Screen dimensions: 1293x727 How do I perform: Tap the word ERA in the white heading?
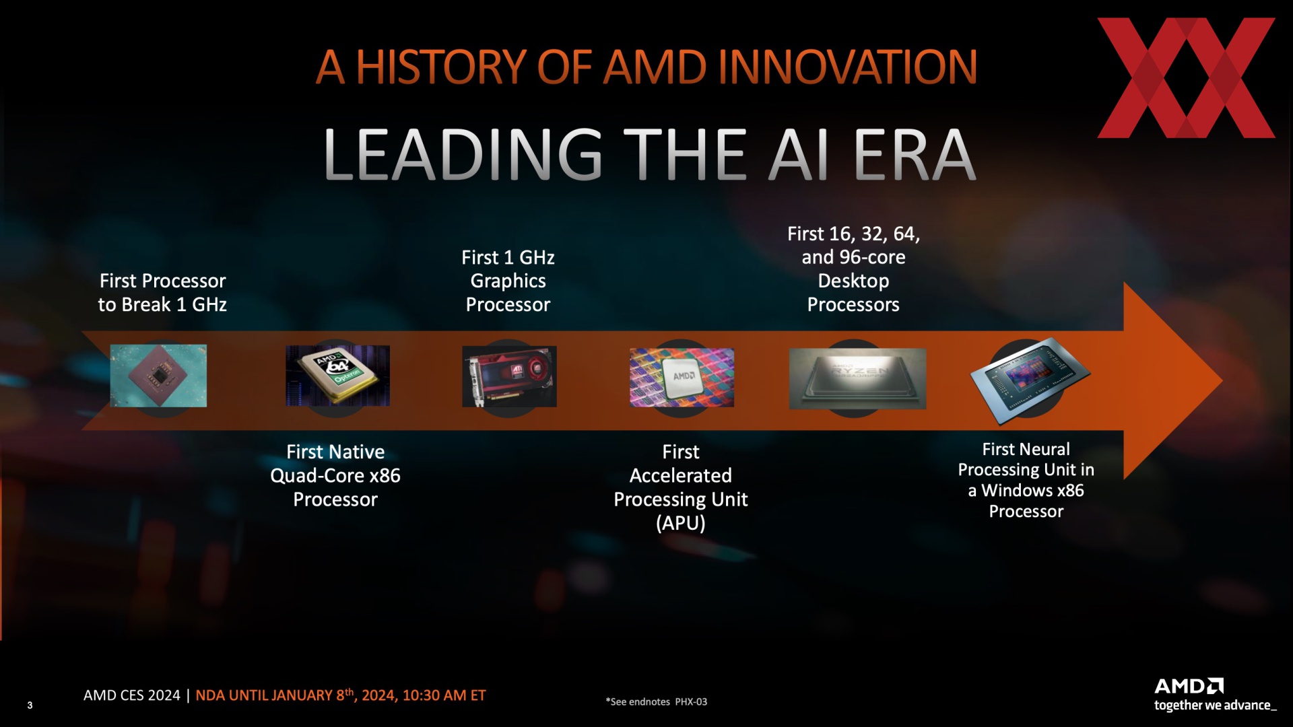click(915, 155)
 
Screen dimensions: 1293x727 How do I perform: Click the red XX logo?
click(1186, 78)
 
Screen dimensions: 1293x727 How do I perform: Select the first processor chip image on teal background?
click(158, 376)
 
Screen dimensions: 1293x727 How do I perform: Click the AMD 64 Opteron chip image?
click(337, 376)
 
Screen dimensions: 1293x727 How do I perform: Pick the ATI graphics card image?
click(509, 376)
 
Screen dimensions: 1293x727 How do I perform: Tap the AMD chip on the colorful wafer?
click(682, 377)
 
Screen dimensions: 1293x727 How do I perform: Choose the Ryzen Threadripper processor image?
click(857, 378)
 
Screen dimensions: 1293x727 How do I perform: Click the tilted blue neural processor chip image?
click(1030, 380)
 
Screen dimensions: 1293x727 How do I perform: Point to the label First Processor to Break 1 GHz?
click(162, 293)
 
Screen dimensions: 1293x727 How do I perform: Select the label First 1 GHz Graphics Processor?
click(508, 281)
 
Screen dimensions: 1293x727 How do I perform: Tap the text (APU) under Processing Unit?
click(681, 523)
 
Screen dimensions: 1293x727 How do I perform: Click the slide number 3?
click(30, 705)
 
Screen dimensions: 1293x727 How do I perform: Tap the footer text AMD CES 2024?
click(132, 695)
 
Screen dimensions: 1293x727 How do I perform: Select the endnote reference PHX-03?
click(691, 701)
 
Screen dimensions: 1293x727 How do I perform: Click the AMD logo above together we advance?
click(1189, 686)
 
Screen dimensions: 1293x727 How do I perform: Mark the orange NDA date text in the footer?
click(341, 695)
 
